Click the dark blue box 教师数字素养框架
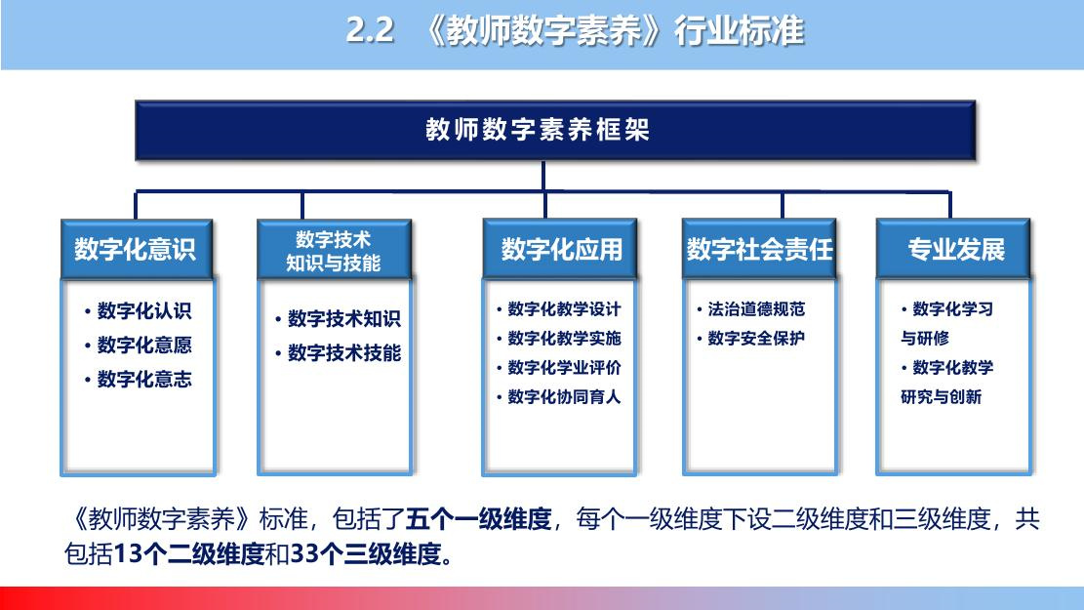point(555,131)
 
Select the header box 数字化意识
point(137,249)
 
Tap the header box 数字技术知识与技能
point(334,249)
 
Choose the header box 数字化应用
point(559,249)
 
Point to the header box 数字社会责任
point(759,249)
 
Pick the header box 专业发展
point(953,249)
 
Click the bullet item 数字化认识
point(138,311)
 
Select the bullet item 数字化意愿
point(138,346)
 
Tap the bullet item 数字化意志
point(138,379)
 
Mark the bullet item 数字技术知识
point(338,319)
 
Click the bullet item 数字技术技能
point(338,353)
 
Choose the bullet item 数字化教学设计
point(559,309)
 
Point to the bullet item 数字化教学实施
point(559,339)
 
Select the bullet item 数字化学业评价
point(559,368)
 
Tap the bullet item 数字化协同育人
point(559,397)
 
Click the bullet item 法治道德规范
point(750,309)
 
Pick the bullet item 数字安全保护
point(750,339)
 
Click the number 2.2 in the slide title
point(370,30)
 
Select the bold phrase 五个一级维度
point(478,518)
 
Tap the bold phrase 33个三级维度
point(366,554)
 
